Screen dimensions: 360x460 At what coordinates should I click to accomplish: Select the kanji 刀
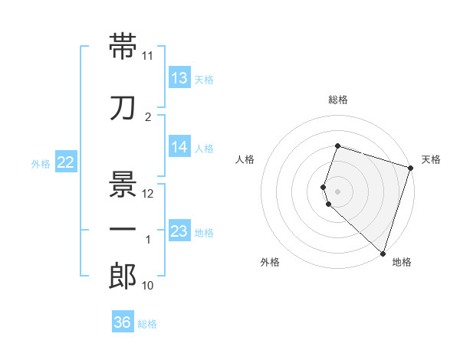click(123, 107)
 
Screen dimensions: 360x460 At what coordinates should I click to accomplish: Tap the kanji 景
click(123, 184)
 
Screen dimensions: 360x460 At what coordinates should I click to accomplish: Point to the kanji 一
click(123, 230)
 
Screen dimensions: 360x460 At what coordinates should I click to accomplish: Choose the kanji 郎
click(123, 277)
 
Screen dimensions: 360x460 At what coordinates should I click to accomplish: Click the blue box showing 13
click(179, 78)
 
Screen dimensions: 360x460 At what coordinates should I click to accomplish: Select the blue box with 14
click(179, 147)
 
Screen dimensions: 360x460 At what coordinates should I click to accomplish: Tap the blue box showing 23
click(179, 231)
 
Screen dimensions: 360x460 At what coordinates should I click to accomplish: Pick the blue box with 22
click(66, 162)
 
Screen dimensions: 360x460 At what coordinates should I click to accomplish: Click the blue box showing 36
click(122, 322)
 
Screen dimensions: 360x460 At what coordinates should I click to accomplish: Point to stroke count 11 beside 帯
click(148, 56)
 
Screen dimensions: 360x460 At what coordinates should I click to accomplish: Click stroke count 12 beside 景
click(148, 194)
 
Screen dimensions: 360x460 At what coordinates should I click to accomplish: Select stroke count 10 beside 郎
click(148, 286)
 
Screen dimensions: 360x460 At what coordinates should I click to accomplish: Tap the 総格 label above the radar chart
click(338, 100)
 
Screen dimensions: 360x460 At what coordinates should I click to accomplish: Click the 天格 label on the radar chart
click(432, 159)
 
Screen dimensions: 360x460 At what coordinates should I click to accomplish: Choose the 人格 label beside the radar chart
click(245, 159)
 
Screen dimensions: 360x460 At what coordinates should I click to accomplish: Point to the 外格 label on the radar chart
click(270, 262)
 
